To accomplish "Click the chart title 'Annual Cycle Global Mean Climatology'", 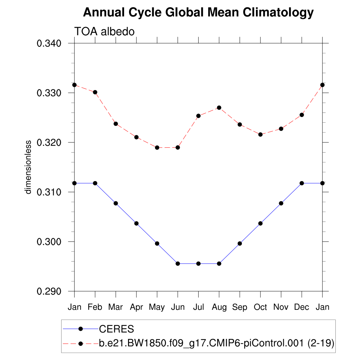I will tap(198, 13).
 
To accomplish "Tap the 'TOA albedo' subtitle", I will tap(104, 32).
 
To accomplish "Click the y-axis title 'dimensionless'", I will tap(28, 167).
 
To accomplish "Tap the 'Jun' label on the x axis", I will tap(178, 307).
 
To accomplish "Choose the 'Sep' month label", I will tap(240, 307).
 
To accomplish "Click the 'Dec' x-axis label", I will tap(302, 307).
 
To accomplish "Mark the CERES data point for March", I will tap(116, 203).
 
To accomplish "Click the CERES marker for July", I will tap(198, 264).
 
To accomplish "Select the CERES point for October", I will tap(261, 223).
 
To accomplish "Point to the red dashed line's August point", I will tap(219, 108).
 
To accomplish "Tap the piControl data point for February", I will tap(95, 92).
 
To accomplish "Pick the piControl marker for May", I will tap(157, 148).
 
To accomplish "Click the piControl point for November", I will tap(281, 129).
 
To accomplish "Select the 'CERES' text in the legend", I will tap(116, 329).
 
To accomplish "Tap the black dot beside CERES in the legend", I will tap(81, 329).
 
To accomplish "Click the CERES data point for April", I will tap(136, 223).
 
